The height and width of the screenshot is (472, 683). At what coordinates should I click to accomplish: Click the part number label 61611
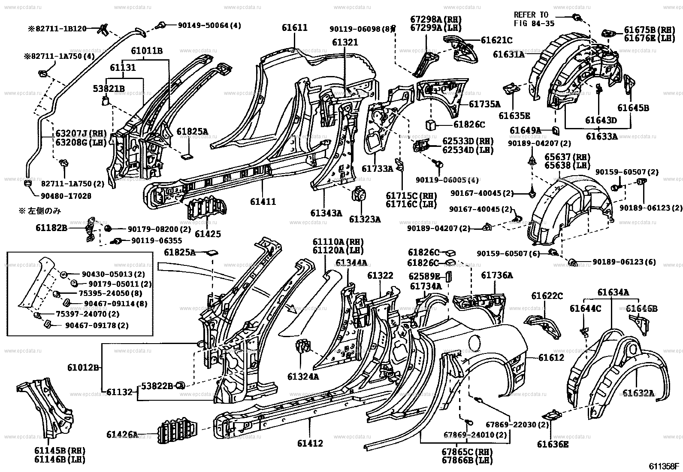[x=295, y=27]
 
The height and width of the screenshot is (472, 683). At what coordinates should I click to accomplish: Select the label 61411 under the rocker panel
[x=263, y=201]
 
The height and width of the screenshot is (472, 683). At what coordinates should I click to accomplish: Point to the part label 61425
[x=208, y=234]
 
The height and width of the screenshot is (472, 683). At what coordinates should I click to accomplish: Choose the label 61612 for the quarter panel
[x=551, y=357]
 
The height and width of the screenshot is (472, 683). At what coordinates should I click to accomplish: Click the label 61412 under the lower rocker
[x=310, y=443]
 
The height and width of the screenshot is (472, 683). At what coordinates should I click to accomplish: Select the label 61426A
[x=123, y=435]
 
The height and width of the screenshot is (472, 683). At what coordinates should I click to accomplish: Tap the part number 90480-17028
[x=67, y=195]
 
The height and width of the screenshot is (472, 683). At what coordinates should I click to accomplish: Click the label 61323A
[x=365, y=219]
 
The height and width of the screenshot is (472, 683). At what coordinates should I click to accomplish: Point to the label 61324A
[x=303, y=377]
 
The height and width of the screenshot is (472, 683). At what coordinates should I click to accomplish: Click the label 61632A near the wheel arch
[x=638, y=393]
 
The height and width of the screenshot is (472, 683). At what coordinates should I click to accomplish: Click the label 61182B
[x=51, y=228]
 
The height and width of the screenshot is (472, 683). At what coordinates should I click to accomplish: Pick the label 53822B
[x=158, y=386]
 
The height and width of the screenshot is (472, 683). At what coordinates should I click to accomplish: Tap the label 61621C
[x=497, y=40]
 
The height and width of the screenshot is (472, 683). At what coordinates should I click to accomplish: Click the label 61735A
[x=484, y=104]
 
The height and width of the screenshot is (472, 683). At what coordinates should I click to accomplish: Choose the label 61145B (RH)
[x=60, y=451]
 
